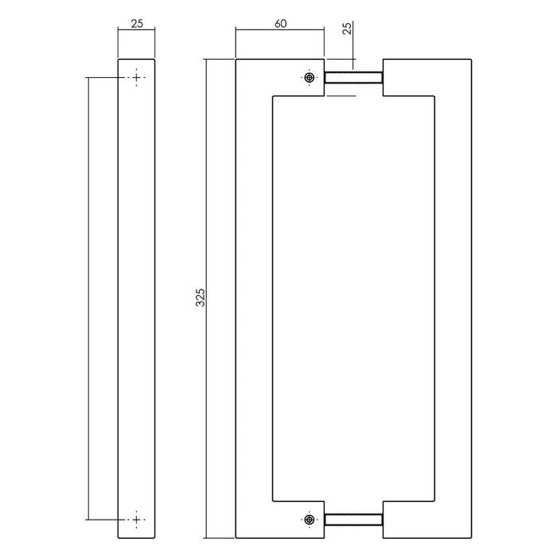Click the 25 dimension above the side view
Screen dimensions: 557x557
[136, 24]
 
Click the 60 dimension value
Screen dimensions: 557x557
[280, 24]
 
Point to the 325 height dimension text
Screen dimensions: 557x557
[201, 298]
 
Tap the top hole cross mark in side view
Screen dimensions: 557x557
[136, 78]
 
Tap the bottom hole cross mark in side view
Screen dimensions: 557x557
[136, 519]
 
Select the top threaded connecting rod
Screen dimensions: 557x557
[353, 78]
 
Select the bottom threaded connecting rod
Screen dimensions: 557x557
[353, 520]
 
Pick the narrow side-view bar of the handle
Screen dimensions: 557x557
[136, 298]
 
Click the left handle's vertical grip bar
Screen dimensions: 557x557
[254, 298]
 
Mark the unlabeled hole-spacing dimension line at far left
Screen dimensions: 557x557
[88, 298]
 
